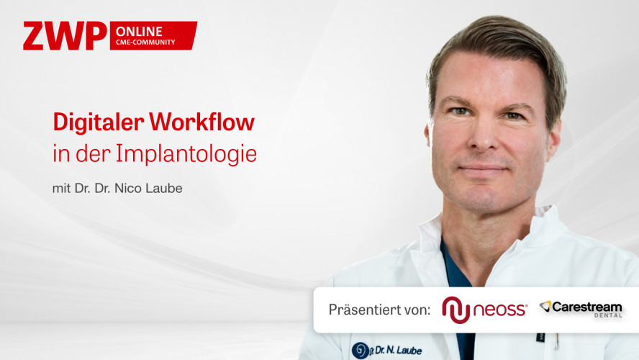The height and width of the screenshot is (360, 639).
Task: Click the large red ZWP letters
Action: [x=65, y=36]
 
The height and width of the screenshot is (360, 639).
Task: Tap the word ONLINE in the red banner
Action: [x=139, y=32]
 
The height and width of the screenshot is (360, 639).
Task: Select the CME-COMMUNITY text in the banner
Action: [x=145, y=42]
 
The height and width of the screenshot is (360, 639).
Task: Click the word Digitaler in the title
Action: [x=98, y=122]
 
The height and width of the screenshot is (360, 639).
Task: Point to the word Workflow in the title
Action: [x=201, y=122]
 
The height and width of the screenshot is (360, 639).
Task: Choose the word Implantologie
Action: [x=186, y=153]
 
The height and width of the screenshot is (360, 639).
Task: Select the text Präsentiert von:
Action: [x=379, y=310]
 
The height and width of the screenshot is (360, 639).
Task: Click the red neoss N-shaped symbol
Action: [x=456, y=310]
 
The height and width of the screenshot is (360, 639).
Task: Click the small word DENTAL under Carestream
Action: [x=608, y=315]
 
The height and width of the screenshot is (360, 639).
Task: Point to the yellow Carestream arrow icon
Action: [x=545, y=306]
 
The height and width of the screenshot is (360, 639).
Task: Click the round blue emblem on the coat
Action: [x=361, y=350]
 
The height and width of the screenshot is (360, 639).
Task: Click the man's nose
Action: [x=484, y=135]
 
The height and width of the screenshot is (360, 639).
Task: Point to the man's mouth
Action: [x=483, y=168]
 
